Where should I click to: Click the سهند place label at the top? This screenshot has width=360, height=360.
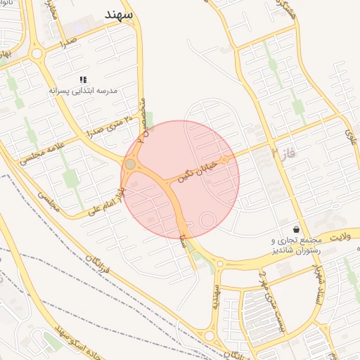click(x=121, y=15)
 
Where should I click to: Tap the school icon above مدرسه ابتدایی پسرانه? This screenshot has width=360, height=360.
click(x=83, y=80)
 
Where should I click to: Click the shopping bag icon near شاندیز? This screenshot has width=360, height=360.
click(x=297, y=229)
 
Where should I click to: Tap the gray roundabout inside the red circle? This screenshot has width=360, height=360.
click(x=130, y=164)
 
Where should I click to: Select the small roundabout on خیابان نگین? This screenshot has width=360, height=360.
click(x=224, y=160)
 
